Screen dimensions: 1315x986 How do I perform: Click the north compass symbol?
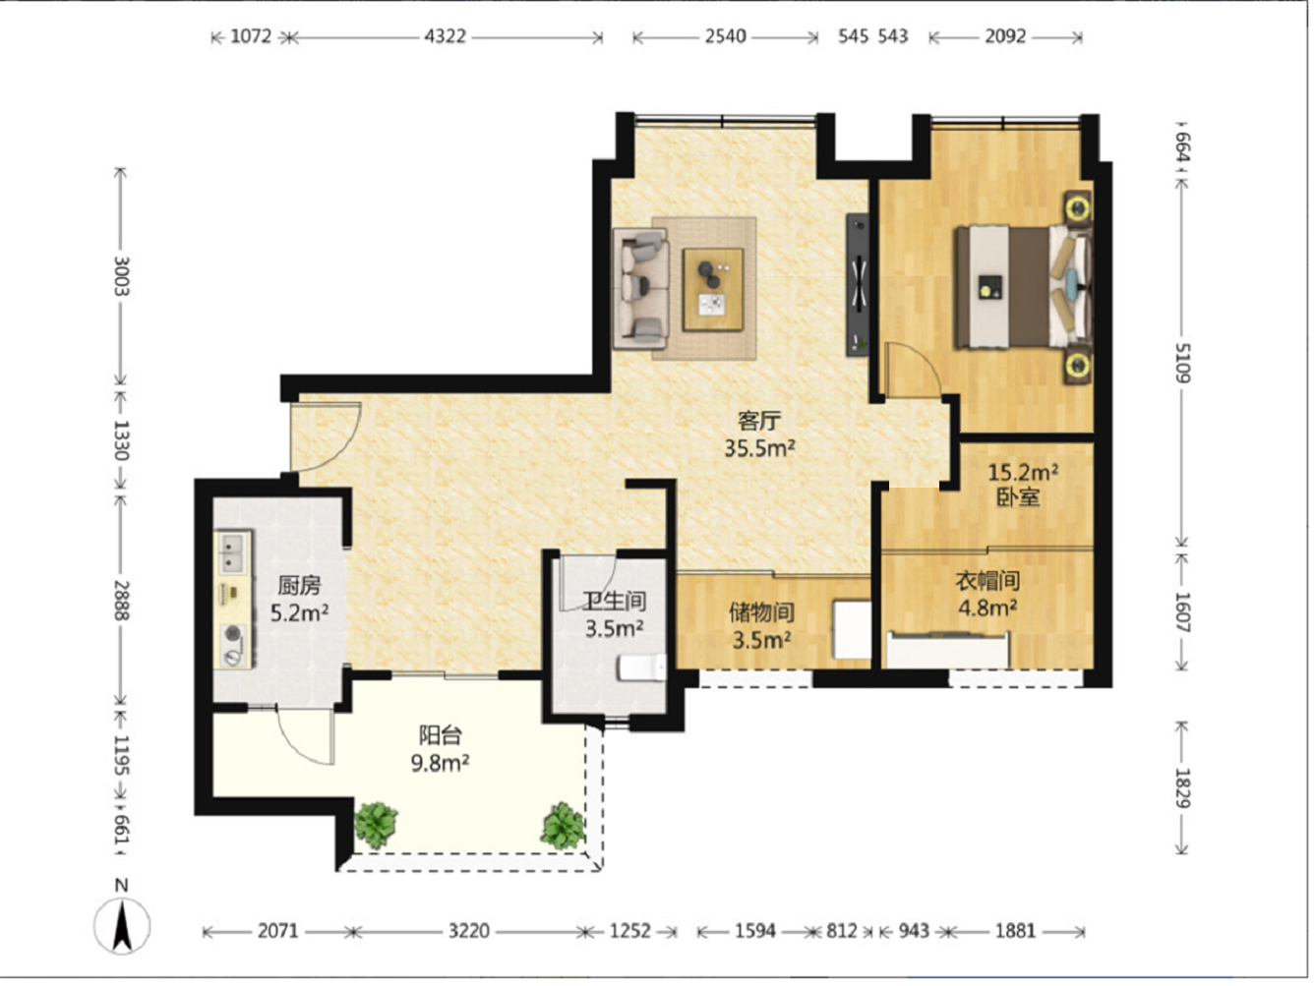[x=122, y=926]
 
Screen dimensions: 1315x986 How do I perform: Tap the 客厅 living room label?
[x=759, y=421]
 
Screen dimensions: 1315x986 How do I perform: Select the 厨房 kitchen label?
[x=299, y=585]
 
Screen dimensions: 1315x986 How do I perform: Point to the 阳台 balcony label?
[x=440, y=735]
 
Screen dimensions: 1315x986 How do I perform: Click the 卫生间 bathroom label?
[x=615, y=601]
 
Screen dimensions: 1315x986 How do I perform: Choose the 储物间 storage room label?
[x=761, y=612]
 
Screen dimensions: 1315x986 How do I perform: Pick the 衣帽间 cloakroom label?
[x=987, y=580]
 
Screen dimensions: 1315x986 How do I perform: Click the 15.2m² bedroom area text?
[x=1023, y=472]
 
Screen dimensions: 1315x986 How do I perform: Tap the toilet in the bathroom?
[x=642, y=667]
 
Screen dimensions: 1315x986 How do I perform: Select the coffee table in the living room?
[x=713, y=289]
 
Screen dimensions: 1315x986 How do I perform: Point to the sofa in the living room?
[x=640, y=289]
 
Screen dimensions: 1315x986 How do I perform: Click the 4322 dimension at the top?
[x=445, y=36]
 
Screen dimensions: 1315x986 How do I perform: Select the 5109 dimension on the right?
[x=1182, y=363]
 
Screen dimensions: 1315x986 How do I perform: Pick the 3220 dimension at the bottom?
[x=469, y=931]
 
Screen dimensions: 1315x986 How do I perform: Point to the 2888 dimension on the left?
[x=122, y=600]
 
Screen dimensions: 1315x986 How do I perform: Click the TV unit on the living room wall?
[x=858, y=285]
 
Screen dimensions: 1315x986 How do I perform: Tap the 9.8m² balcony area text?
[x=440, y=764]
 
